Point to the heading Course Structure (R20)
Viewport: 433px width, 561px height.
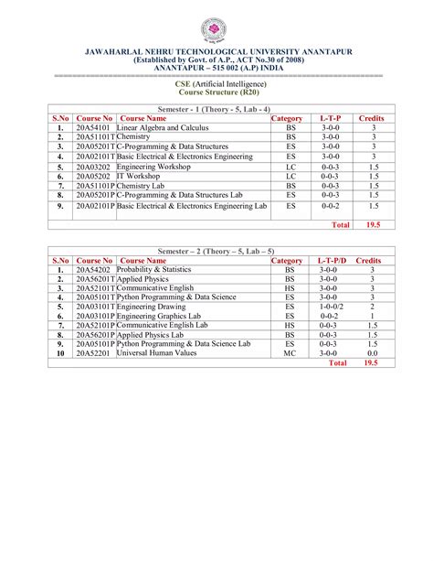[x=216, y=92]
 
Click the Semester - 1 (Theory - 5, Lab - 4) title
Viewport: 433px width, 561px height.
[x=216, y=108]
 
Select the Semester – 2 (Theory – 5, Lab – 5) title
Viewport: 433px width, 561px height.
[x=216, y=251]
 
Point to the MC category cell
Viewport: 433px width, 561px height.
[x=290, y=352]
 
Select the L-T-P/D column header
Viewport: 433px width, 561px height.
[x=330, y=261]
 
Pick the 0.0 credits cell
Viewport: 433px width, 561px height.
[x=372, y=352]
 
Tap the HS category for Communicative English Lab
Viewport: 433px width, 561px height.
[x=290, y=325]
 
